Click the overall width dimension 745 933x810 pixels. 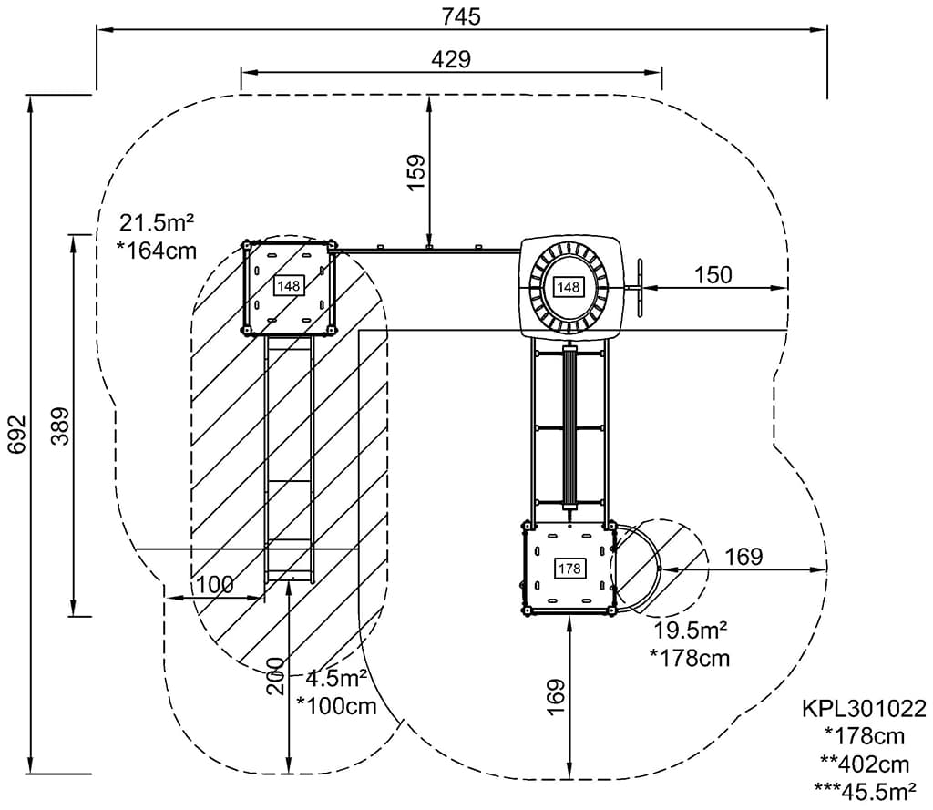coord(461,16)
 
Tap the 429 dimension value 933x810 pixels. coord(451,59)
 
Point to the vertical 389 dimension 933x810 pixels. coord(59,426)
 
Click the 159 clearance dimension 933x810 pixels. coord(415,171)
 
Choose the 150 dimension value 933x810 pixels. coord(713,274)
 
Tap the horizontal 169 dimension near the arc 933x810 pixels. coord(743,556)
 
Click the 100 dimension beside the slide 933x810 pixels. coord(215,584)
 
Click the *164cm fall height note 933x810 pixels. coord(157,250)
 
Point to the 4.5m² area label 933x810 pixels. coord(336,678)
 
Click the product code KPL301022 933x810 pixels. coord(864,708)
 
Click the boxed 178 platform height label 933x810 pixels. coord(569,569)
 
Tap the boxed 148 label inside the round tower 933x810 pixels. coord(568,287)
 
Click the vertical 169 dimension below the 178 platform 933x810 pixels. coord(556,695)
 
